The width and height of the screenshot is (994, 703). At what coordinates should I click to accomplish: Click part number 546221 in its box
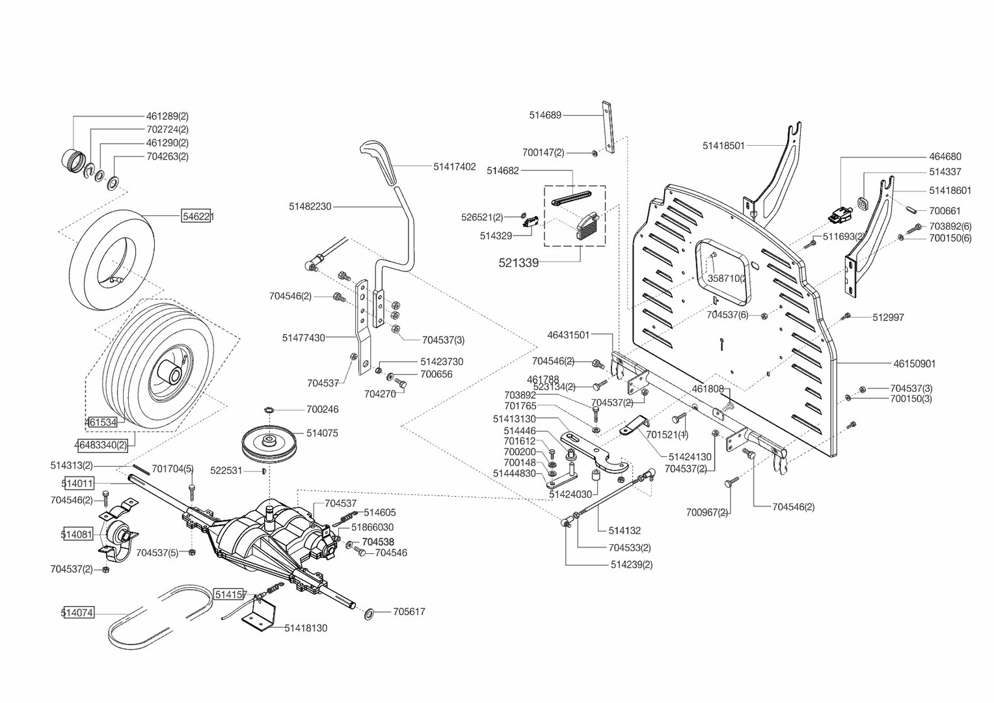[x=198, y=216]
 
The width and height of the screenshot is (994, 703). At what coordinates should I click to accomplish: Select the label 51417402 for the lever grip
[x=455, y=167]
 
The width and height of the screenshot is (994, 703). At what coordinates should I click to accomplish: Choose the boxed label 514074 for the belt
[x=77, y=613]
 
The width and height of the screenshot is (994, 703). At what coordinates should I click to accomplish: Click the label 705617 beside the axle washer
[x=409, y=612]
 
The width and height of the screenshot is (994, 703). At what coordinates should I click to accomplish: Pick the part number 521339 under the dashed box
[x=518, y=263]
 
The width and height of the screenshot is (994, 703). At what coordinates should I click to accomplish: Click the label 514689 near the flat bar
[x=545, y=115]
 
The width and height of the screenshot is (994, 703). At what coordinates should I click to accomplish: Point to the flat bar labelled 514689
[x=609, y=127]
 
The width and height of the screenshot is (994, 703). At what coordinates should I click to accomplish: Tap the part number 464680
[x=945, y=157]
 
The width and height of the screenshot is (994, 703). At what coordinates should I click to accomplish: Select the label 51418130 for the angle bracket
[x=306, y=628]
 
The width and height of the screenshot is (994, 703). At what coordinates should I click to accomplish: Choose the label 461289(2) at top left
[x=167, y=117]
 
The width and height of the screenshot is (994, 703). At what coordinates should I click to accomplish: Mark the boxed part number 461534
[x=101, y=422]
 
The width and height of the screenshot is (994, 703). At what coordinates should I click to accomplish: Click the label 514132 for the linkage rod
[x=625, y=531]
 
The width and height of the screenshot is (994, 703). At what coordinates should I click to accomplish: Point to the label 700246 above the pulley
[x=323, y=409]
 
